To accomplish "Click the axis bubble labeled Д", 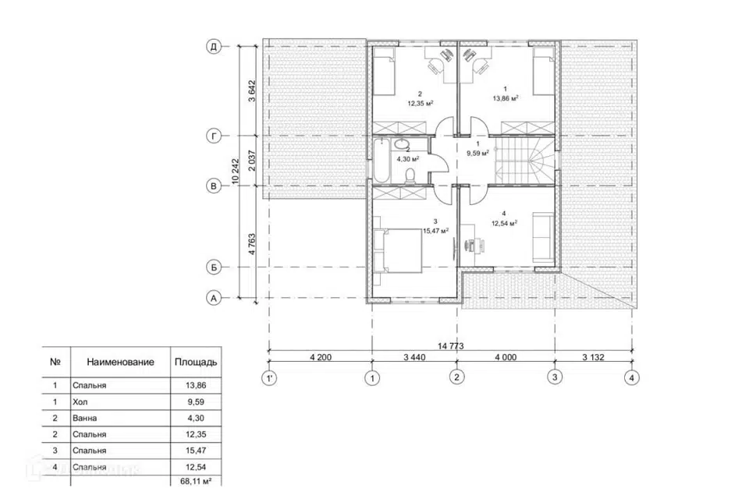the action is (214, 47).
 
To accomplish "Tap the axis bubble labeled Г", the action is (214, 136).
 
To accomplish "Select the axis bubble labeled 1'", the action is (269, 379).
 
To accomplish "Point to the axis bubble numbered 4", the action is (631, 377).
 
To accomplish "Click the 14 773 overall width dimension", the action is (450, 346).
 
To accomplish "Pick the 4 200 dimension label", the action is (321, 357).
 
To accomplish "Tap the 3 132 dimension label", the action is (593, 357).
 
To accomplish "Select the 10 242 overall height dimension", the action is (235, 172).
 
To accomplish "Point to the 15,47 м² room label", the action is (435, 231).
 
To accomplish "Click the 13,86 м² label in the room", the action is (506, 98).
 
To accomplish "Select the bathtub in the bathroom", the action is (381, 161).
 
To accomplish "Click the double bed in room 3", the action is (399, 250).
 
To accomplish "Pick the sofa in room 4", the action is (543, 237).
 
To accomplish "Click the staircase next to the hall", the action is (524, 161).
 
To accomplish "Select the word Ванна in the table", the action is (84, 418).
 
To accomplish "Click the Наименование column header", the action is (120, 362).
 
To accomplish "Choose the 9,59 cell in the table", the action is (196, 402).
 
